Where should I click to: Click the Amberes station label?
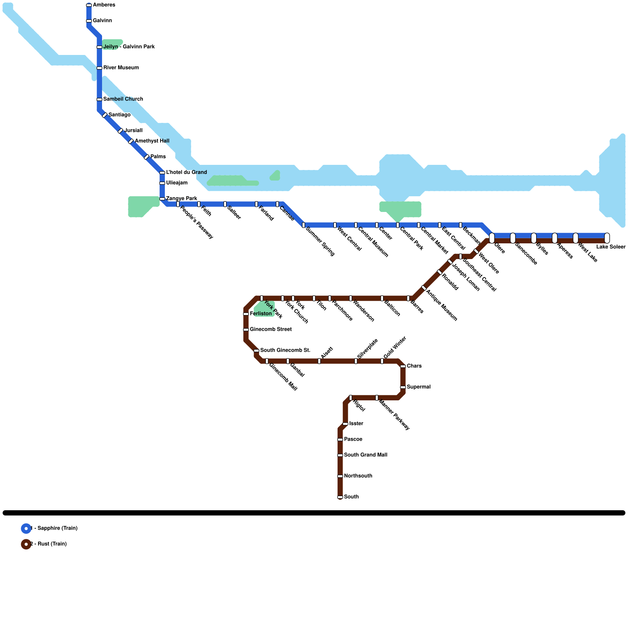(x=104, y=5)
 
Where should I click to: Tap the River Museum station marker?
(x=99, y=68)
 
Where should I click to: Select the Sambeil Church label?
(x=123, y=99)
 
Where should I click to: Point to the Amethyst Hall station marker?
(x=131, y=141)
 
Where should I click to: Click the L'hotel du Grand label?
(x=186, y=172)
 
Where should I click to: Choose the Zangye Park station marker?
(x=162, y=199)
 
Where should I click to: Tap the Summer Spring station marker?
(x=303, y=225)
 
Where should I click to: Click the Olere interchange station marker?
(x=492, y=238)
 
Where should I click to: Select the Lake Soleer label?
(x=611, y=247)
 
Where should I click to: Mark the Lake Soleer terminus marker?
(x=607, y=238)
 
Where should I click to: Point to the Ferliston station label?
(x=261, y=314)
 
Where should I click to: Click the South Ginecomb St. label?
(x=285, y=350)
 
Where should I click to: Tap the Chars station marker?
(x=403, y=366)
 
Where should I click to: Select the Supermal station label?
(x=418, y=387)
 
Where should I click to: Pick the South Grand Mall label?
(x=365, y=455)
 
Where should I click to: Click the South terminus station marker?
(x=340, y=497)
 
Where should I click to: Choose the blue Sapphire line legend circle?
(x=26, y=529)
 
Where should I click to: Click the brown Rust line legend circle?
(x=26, y=544)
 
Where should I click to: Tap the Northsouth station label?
(x=358, y=476)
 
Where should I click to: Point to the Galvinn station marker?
(x=89, y=21)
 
